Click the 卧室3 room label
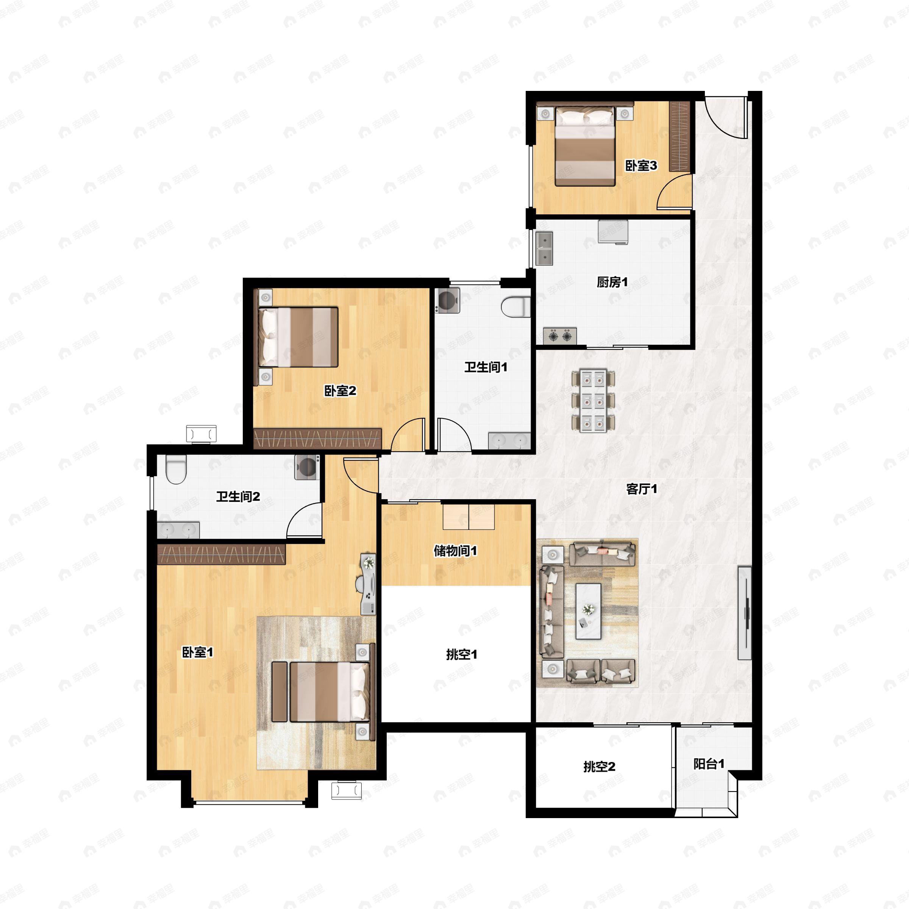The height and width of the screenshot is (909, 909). point(641,166)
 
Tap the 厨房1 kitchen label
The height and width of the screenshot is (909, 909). point(612,282)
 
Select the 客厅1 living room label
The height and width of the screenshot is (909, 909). point(642,489)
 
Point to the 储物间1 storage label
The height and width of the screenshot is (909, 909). point(455,550)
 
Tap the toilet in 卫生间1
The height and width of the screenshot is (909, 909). point(516,307)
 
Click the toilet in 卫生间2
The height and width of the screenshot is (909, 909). point(176,469)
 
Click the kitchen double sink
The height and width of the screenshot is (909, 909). point(545,248)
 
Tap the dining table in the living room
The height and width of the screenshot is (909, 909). point(593,400)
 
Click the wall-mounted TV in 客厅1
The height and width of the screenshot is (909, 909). point(744,612)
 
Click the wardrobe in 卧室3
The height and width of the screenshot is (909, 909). point(680,136)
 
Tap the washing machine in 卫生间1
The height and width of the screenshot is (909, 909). point(447,300)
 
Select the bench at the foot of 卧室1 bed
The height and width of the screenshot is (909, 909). point(280,691)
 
